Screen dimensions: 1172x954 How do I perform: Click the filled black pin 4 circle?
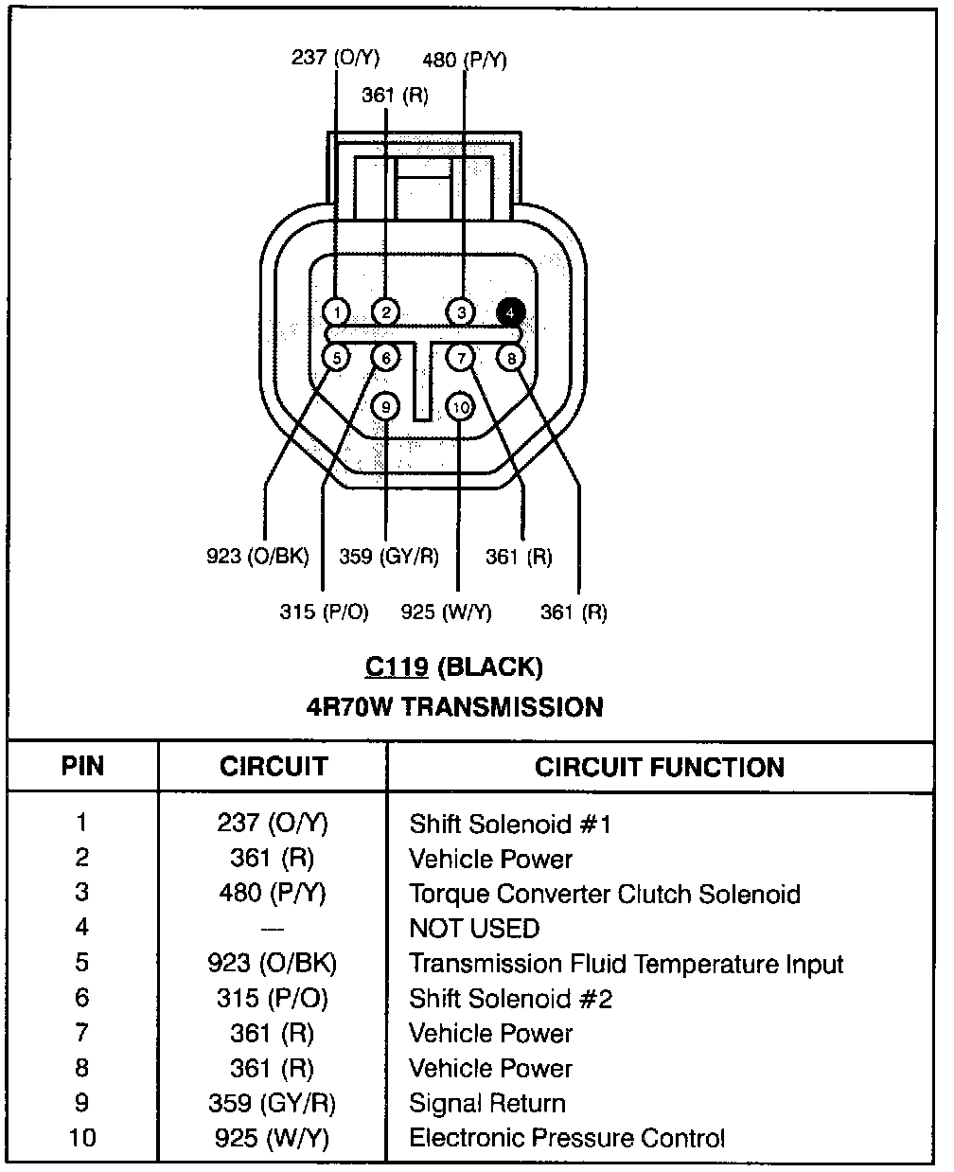[x=511, y=311]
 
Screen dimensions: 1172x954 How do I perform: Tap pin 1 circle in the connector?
[x=337, y=311]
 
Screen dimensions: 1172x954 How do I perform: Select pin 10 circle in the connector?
[x=460, y=407]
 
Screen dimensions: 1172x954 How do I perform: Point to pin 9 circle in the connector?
[x=386, y=407]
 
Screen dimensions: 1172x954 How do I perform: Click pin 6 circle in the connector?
[x=385, y=358]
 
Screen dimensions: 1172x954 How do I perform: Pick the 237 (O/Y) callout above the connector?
[x=335, y=58]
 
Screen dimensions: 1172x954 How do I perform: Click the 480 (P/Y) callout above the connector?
[x=465, y=61]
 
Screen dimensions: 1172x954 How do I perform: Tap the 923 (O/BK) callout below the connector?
[x=257, y=556]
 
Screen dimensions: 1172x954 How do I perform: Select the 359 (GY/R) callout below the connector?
[x=389, y=556]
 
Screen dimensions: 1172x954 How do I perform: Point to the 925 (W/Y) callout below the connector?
[x=447, y=612]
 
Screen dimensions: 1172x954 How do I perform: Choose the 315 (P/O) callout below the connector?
[x=324, y=612]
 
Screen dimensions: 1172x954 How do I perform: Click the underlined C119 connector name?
[x=397, y=667]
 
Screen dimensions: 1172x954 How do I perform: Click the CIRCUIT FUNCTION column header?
[x=660, y=767]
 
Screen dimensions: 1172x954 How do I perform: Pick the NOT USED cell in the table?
[x=474, y=929]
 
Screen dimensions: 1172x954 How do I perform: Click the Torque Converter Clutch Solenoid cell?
[x=605, y=894]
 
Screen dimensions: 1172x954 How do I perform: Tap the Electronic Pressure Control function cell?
[x=567, y=1137]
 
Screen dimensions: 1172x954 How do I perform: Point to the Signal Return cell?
[x=487, y=1103]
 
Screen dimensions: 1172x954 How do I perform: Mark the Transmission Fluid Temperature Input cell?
[x=626, y=964]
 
